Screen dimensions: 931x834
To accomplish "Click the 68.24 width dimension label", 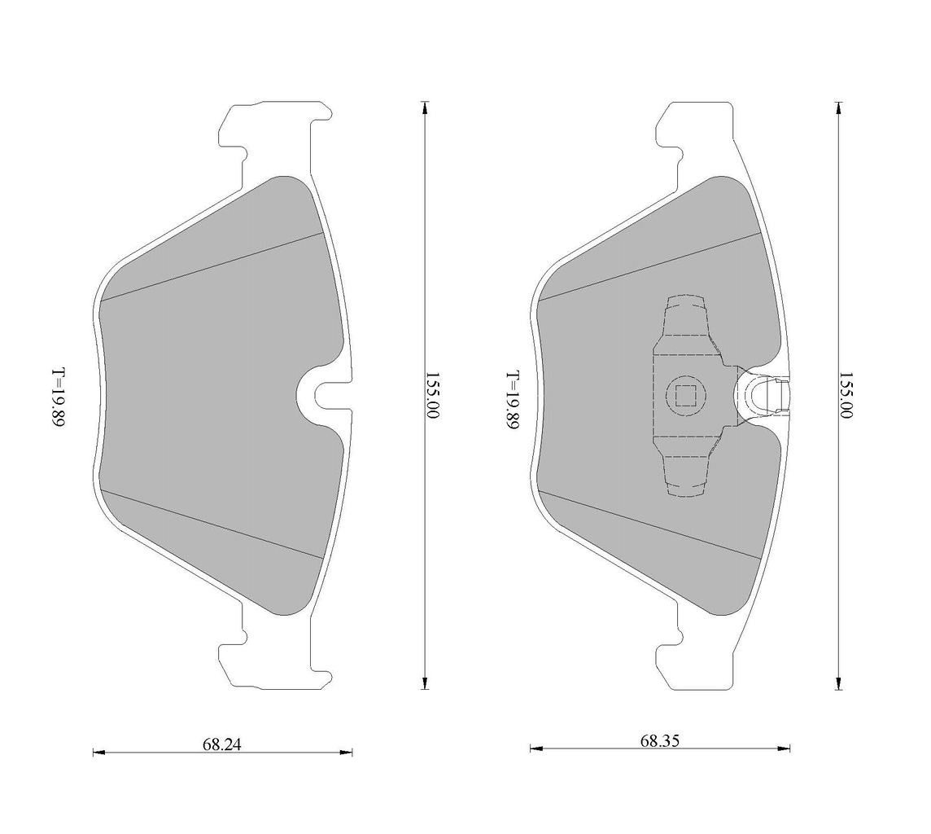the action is pos(222,744).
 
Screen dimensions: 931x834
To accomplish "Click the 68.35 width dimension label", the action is pos(660,740).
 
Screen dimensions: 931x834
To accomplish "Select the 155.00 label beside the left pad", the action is pos(432,395).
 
